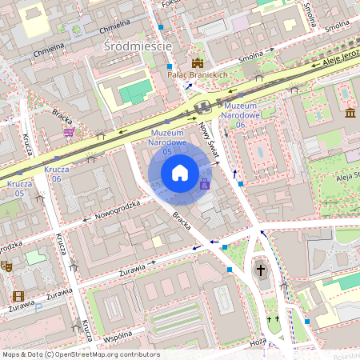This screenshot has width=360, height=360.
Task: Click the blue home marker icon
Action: pyautogui.click(x=180, y=172)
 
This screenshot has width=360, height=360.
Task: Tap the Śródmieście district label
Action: pyautogui.click(x=138, y=46)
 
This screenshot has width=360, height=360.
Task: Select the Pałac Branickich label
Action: pyautogui.click(x=198, y=74)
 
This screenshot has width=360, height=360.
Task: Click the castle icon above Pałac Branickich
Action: pyautogui.click(x=197, y=62)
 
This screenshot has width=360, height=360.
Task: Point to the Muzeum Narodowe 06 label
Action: pyautogui.click(x=240, y=115)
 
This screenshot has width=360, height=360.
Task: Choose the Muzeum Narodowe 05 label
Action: pyautogui.click(x=168, y=142)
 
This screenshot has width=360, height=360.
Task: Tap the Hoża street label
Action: pyautogui.click(x=258, y=341)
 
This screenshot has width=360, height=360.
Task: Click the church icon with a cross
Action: pyautogui.click(x=260, y=271)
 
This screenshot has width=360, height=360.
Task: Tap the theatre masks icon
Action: pyautogui.click(x=6, y=266)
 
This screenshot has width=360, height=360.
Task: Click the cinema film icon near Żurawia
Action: pyautogui.click(x=18, y=297)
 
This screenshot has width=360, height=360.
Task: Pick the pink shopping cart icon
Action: pyautogui.click(x=70, y=132)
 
